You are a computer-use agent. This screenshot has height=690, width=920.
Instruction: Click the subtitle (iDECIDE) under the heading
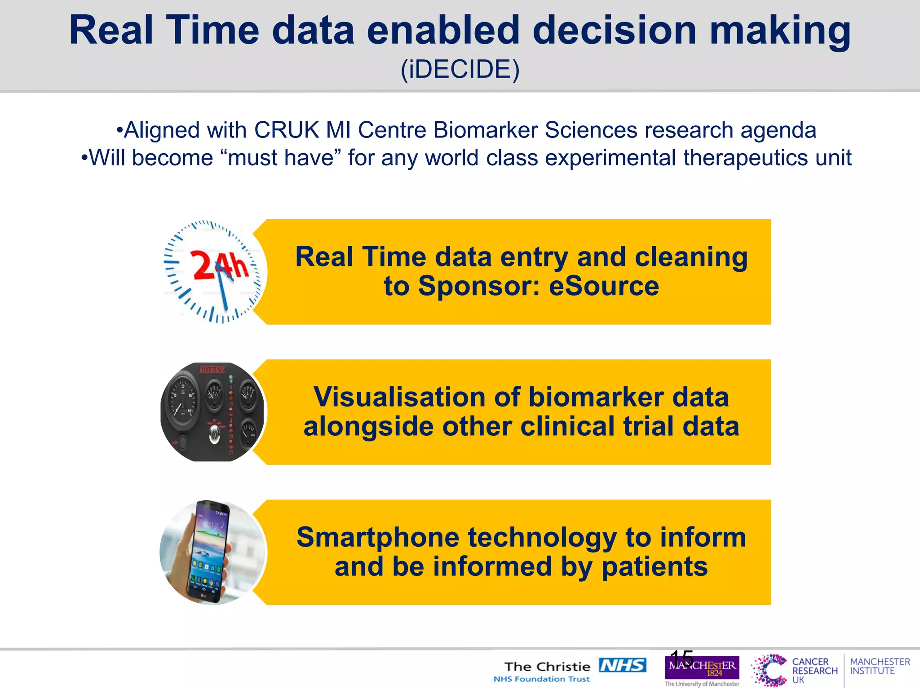(x=460, y=70)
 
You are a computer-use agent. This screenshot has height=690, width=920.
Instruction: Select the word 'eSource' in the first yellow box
(x=604, y=286)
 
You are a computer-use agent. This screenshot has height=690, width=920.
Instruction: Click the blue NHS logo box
(x=622, y=665)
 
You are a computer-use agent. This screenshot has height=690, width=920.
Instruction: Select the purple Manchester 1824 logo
(x=702, y=668)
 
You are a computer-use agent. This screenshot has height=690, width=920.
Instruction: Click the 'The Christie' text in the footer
(x=547, y=667)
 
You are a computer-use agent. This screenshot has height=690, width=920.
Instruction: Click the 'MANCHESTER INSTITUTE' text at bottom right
(x=879, y=666)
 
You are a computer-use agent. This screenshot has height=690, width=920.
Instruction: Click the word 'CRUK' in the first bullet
(x=286, y=130)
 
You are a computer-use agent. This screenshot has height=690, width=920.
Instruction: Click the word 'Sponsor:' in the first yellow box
(x=479, y=286)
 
